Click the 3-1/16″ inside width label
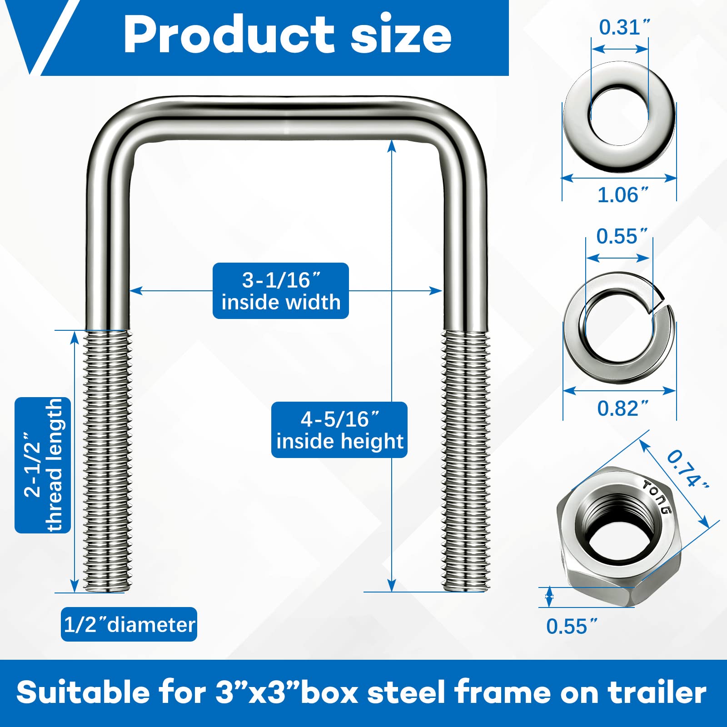pos(281,291)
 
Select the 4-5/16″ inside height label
pos(339,430)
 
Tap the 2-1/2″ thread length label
pos(43,465)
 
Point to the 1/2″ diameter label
pos(129,625)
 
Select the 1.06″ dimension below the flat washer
pos(622,195)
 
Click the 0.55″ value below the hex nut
pos(572,627)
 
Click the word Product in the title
pos(229,35)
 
